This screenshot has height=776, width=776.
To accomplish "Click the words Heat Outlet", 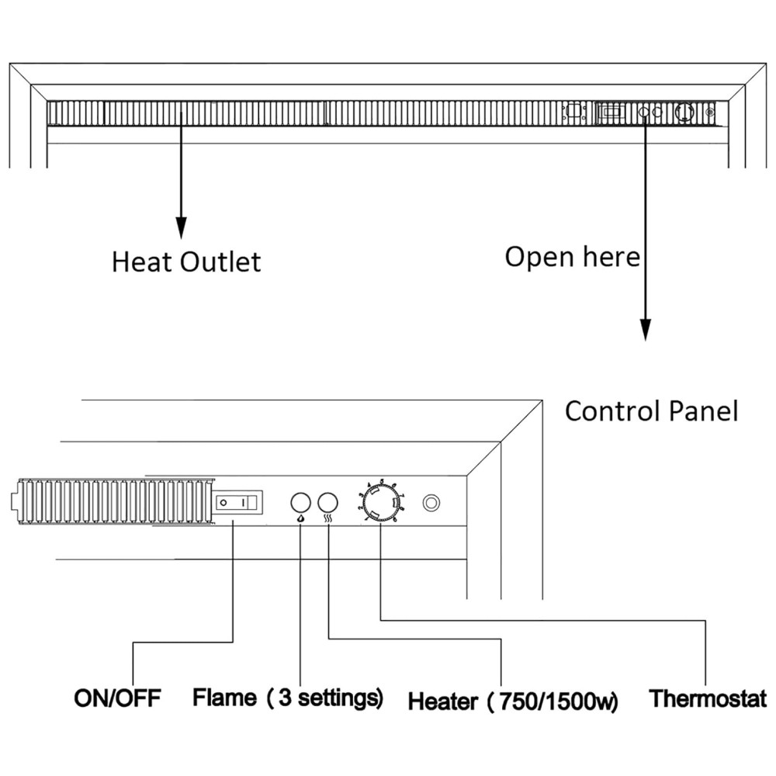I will [186, 261].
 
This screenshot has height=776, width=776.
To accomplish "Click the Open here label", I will [572, 256].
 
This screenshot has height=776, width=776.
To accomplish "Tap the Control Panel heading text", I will [650, 411].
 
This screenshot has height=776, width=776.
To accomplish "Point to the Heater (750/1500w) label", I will [513, 702].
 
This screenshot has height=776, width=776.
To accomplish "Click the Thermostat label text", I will [707, 698].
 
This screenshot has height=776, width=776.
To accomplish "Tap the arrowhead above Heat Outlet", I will [181, 227].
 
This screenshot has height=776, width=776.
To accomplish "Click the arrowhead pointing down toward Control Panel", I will [645, 329].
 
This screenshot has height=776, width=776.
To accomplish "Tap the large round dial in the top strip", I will [684, 113].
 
